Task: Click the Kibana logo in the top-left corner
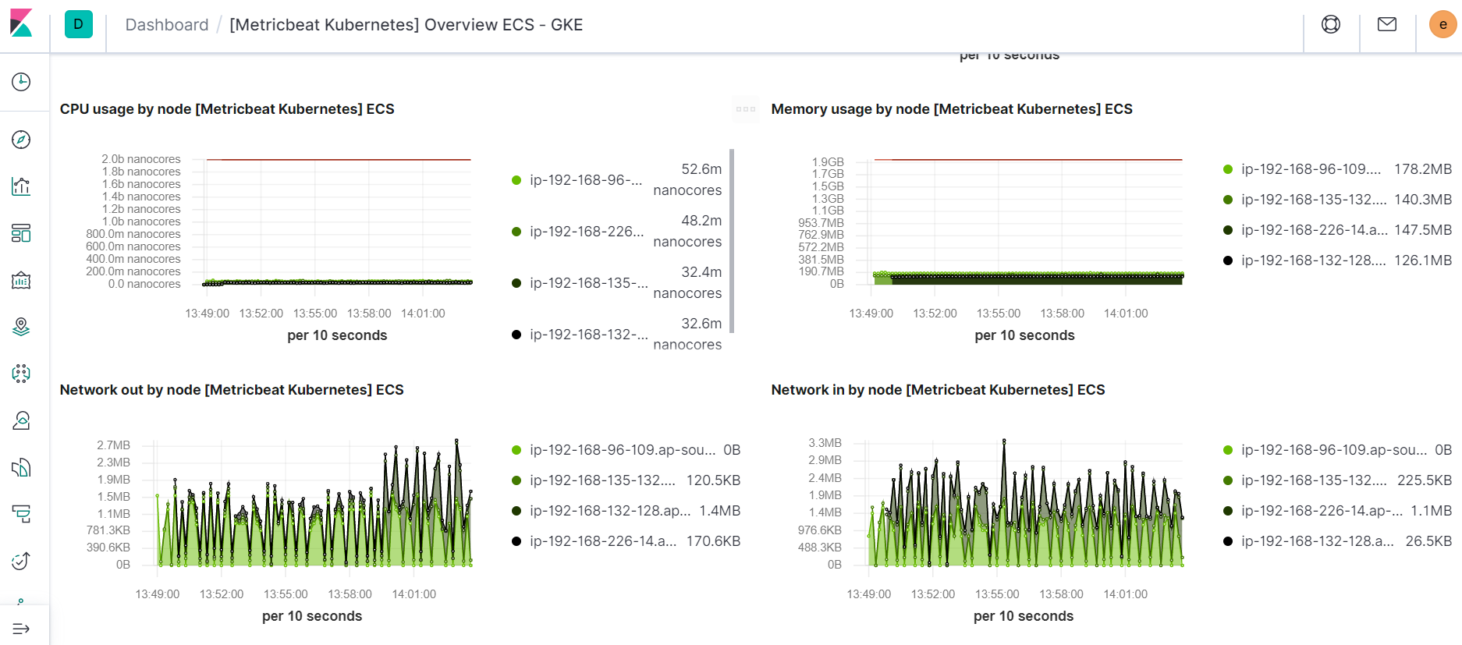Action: (x=21, y=23)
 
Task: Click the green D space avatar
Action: (x=78, y=24)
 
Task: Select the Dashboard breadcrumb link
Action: (x=167, y=25)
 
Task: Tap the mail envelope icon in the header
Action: (x=1387, y=24)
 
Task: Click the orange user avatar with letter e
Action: (x=1442, y=24)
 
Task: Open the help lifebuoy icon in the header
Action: (x=1331, y=24)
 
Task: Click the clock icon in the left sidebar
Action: (x=21, y=82)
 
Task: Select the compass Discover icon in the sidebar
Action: (x=21, y=140)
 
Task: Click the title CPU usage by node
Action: (x=227, y=109)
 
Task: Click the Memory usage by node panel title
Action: (x=951, y=109)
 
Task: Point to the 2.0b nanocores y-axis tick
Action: (x=141, y=159)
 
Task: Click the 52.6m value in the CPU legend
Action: (x=701, y=169)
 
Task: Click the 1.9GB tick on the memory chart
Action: (x=828, y=162)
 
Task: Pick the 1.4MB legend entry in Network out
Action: (x=719, y=511)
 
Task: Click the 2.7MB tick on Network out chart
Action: (x=114, y=445)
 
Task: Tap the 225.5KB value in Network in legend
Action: (x=1424, y=480)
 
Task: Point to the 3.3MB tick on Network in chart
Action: (x=825, y=443)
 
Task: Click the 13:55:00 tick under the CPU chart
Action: (x=315, y=314)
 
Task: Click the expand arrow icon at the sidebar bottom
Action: (x=21, y=629)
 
